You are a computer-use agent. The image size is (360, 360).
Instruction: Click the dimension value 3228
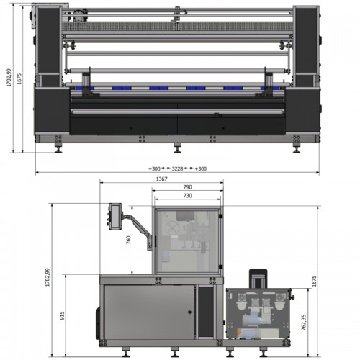click(x=177, y=168)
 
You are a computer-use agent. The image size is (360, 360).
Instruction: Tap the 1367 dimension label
click(x=162, y=179)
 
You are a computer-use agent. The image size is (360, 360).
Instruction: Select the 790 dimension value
click(x=188, y=187)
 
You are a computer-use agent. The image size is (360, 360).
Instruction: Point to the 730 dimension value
click(x=188, y=196)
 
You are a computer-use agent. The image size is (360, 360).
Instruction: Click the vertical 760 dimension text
click(x=128, y=240)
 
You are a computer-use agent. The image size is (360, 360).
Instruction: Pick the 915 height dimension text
click(x=62, y=315)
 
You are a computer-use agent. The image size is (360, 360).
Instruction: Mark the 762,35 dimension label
click(x=304, y=323)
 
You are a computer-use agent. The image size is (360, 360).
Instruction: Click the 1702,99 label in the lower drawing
click(x=48, y=277)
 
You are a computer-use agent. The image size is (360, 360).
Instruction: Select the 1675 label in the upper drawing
click(x=19, y=78)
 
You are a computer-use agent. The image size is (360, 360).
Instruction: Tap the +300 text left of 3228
click(x=154, y=168)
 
